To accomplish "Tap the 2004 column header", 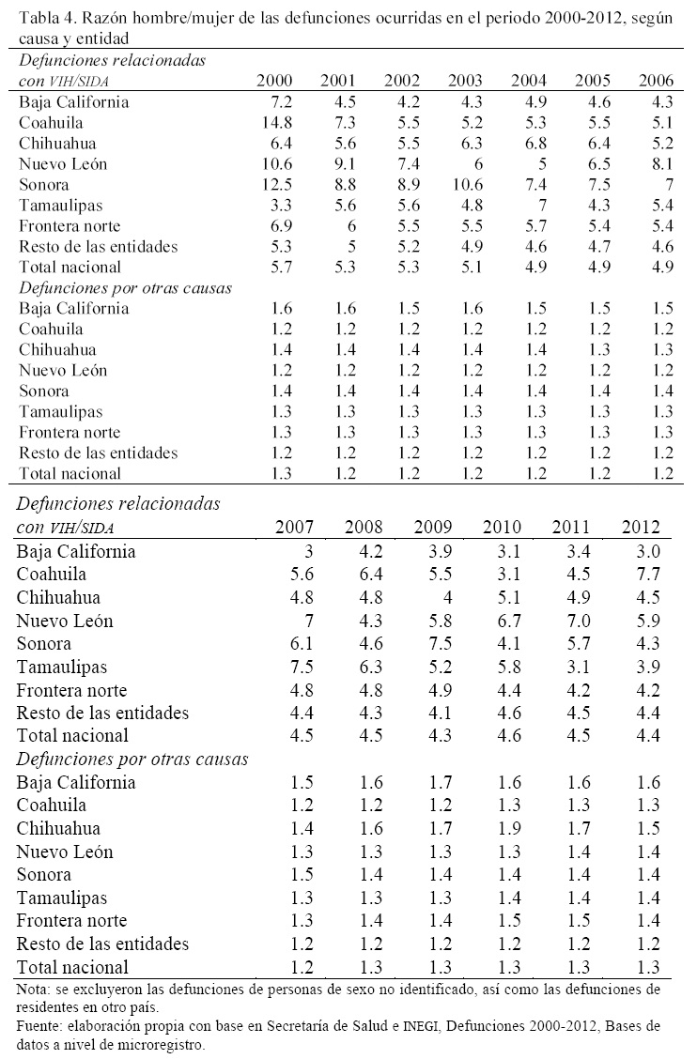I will (x=528, y=81).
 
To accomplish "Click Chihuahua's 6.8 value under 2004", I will (x=533, y=144).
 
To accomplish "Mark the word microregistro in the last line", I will (x=151, y=1043).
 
